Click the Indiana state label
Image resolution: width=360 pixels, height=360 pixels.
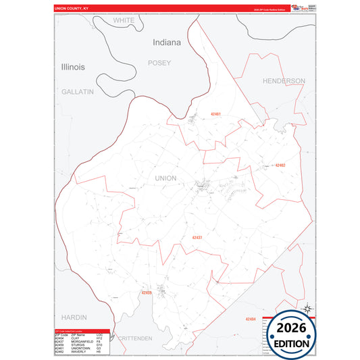tap(167, 42)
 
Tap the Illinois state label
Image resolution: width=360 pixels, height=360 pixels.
tap(73, 68)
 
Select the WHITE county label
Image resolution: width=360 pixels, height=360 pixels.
tap(124, 20)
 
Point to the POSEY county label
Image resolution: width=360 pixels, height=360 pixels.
tap(159, 63)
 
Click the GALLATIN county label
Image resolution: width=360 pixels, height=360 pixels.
tap(77, 91)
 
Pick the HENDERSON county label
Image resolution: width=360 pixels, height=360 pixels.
tap(284, 80)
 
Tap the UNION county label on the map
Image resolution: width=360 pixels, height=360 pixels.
tap(165, 178)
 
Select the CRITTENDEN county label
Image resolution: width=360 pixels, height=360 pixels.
tap(135, 338)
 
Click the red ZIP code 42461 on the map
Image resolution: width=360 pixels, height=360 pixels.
tap(216, 114)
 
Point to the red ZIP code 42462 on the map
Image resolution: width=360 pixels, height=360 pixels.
tap(280, 165)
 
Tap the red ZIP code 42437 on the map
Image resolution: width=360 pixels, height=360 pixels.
tap(197, 238)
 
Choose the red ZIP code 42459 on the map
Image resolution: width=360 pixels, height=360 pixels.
tap(147, 292)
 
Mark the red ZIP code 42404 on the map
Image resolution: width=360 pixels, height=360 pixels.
tap(251, 319)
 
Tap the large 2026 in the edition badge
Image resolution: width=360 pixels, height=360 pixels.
tap(291, 329)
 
